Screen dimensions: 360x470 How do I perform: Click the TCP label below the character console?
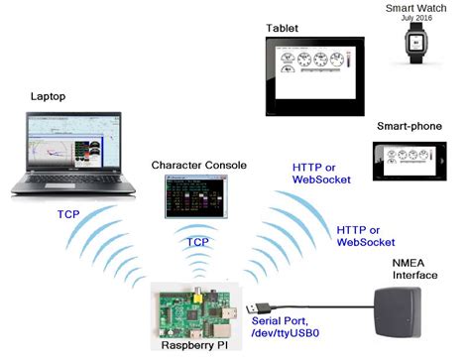tap(198, 241)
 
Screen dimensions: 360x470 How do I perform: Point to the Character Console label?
tap(198, 165)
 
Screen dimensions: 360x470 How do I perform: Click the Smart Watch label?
tap(413, 8)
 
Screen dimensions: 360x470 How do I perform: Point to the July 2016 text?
tap(413, 19)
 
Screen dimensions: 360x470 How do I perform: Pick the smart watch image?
tap(414, 43)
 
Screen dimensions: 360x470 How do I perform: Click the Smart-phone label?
tap(407, 126)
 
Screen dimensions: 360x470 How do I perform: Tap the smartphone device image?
tap(407, 160)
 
